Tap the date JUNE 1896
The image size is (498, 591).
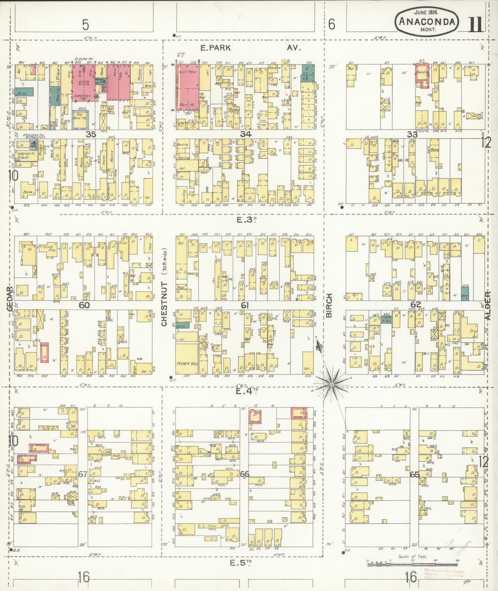[x=426, y=11]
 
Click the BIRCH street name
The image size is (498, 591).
[x=329, y=305]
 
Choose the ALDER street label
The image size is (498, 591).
[x=488, y=305]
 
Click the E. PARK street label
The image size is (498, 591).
[x=215, y=48]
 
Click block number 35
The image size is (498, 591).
[x=91, y=134]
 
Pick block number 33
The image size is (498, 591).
[x=412, y=134]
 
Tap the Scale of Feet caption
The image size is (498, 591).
[x=413, y=556]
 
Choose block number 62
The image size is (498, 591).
[x=416, y=304]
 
